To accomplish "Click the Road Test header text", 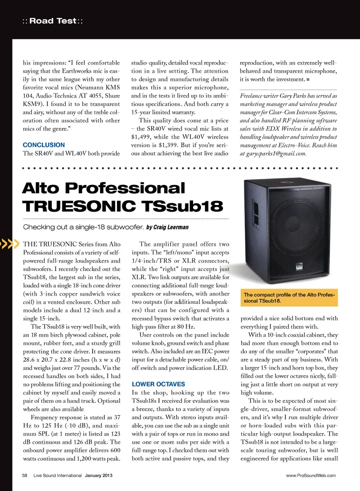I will click(x=53, y=21).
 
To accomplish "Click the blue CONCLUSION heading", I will click(x=43, y=145).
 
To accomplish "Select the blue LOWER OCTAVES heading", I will click(x=158, y=384).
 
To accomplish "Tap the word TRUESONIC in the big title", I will click(x=79, y=206).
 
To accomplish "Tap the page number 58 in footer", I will click(x=25, y=475).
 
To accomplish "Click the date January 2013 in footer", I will click(x=99, y=475).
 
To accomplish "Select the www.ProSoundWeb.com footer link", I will click(x=311, y=475).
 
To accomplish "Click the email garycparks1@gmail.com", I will click(x=276, y=154).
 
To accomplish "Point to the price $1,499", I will click(x=141, y=137).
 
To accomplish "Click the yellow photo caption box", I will click(x=289, y=298).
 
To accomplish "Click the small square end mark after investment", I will click(x=308, y=79).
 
